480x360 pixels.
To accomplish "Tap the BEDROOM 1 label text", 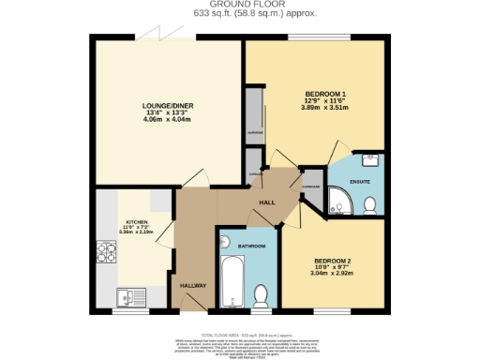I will click(x=325, y=95).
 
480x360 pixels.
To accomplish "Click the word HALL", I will click(x=266, y=202).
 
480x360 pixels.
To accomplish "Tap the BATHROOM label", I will click(x=251, y=246).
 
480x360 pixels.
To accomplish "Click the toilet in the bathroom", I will click(x=262, y=295).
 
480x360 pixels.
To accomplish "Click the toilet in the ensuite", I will click(x=369, y=203).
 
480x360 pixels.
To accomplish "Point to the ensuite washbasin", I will click(x=369, y=159).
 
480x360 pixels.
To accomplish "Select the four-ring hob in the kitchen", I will click(x=104, y=251).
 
